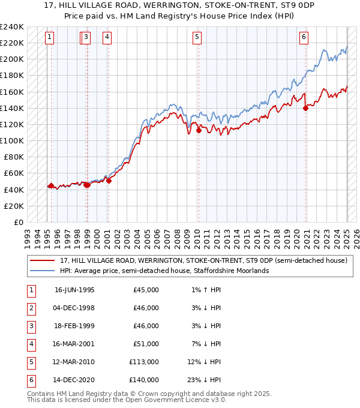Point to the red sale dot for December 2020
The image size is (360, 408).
click(305, 108)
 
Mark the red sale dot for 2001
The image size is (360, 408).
click(109, 181)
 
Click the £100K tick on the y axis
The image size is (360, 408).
click(12, 140)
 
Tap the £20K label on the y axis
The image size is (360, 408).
click(13, 206)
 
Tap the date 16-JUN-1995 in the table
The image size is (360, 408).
click(74, 290)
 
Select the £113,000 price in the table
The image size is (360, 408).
click(145, 362)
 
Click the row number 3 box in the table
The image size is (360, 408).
click(30, 326)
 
